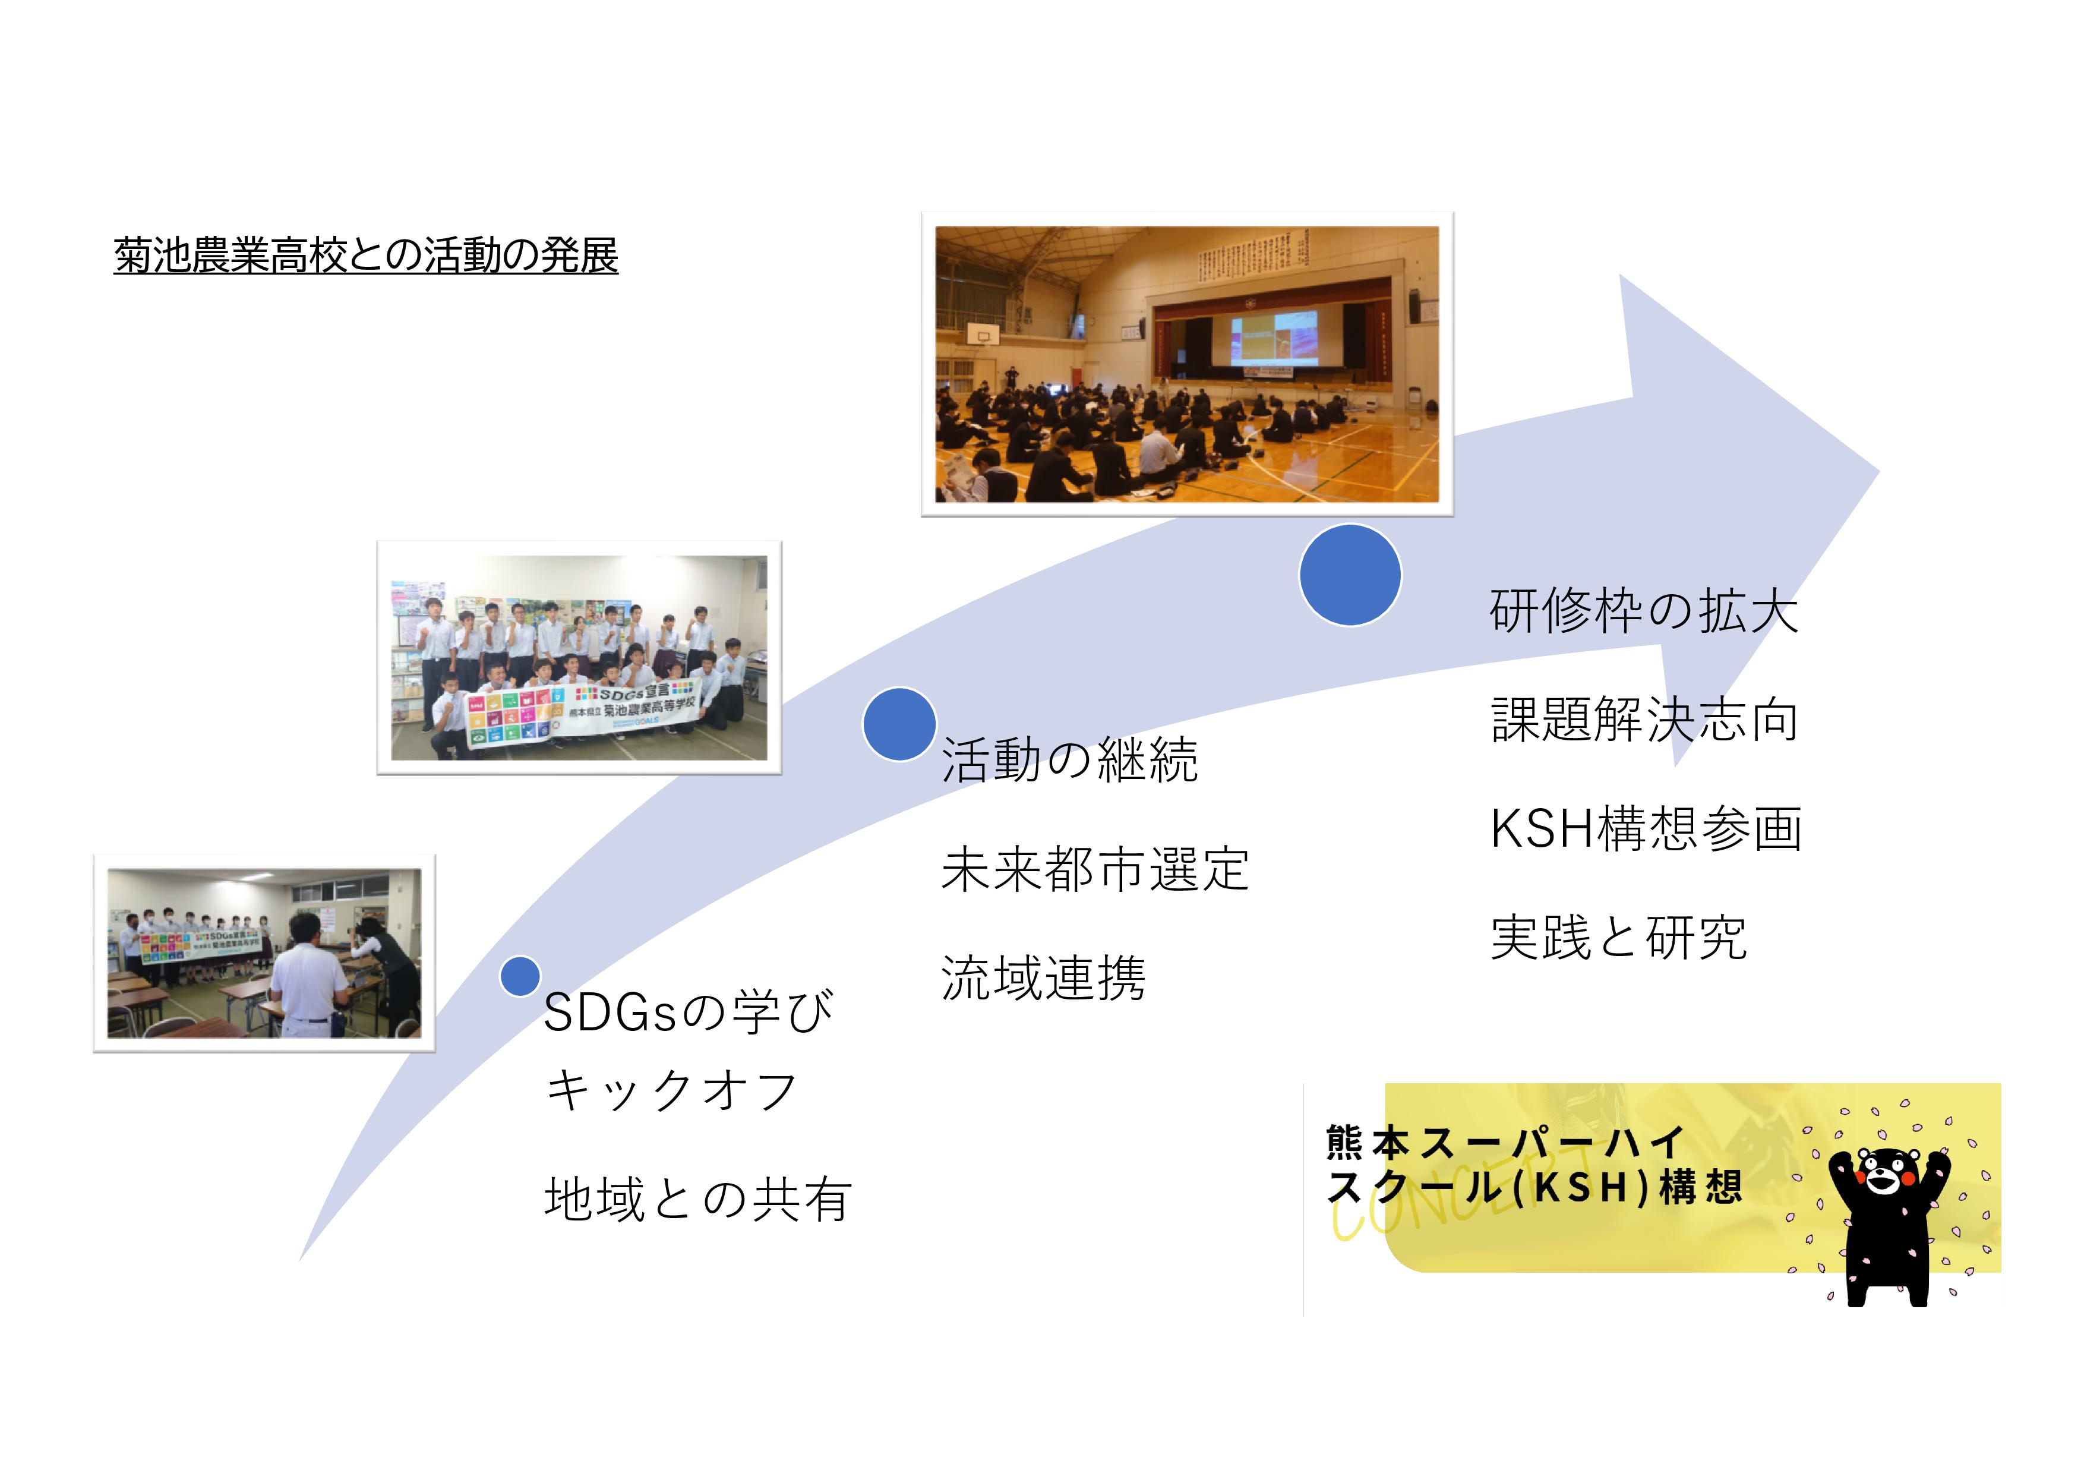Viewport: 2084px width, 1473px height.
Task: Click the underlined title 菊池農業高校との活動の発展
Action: pos(366,255)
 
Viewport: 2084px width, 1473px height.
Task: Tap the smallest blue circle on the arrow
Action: pos(520,977)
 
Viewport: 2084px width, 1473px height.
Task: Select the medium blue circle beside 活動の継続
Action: pos(899,723)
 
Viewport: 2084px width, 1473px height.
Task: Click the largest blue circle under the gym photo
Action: pos(1350,575)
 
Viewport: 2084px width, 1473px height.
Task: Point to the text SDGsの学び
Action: pos(688,1012)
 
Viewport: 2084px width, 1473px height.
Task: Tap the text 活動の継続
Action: pos(1069,759)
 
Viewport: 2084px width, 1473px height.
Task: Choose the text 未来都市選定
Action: pos(1095,869)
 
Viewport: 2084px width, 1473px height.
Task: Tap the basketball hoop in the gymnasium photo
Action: pos(983,335)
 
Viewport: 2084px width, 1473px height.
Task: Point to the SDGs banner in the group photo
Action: pos(582,714)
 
